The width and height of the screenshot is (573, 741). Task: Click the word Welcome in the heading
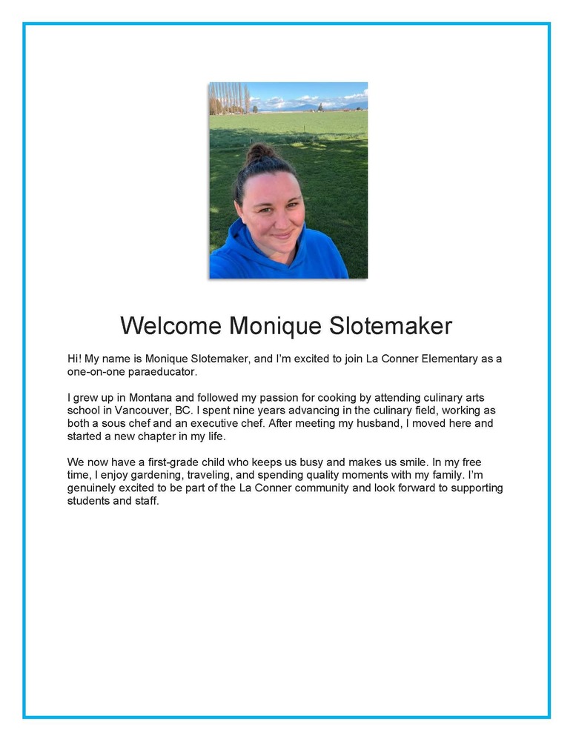pyautogui.click(x=170, y=325)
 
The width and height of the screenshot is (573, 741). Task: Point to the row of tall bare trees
pyautogui.click(x=228, y=99)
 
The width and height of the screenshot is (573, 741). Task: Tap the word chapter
pyautogui.click(x=160, y=436)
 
